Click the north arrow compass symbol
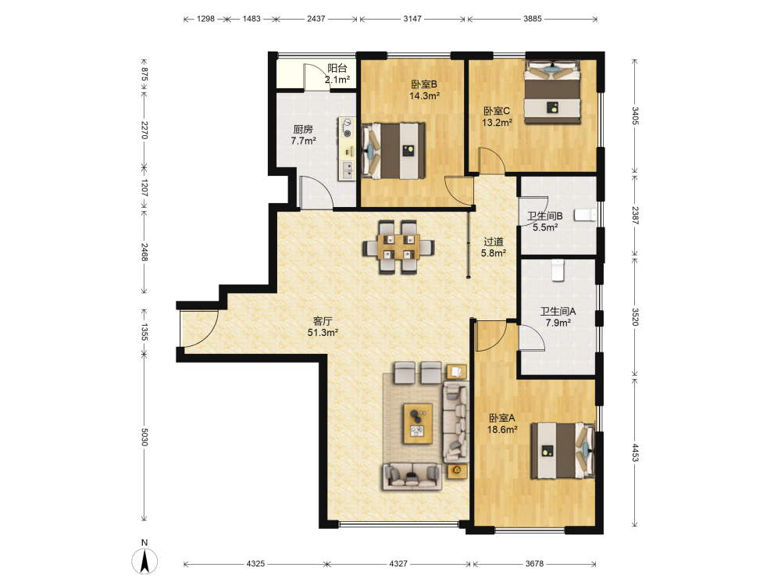point(144,560)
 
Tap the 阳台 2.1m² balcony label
point(337,73)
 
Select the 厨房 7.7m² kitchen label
point(303,135)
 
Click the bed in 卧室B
point(393,151)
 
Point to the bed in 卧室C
point(552,91)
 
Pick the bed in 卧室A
point(562,451)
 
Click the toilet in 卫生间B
point(585,215)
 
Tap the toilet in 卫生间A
point(558,270)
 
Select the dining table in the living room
point(398,247)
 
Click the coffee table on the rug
point(418,423)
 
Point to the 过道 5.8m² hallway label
point(494,247)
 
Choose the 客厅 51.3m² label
point(323,327)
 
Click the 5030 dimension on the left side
point(144,437)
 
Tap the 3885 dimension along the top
point(533,19)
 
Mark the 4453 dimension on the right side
point(635,452)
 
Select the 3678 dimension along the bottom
point(534,563)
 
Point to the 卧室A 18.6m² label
point(501,423)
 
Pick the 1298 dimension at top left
point(205,19)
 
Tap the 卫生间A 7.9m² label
point(558,317)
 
